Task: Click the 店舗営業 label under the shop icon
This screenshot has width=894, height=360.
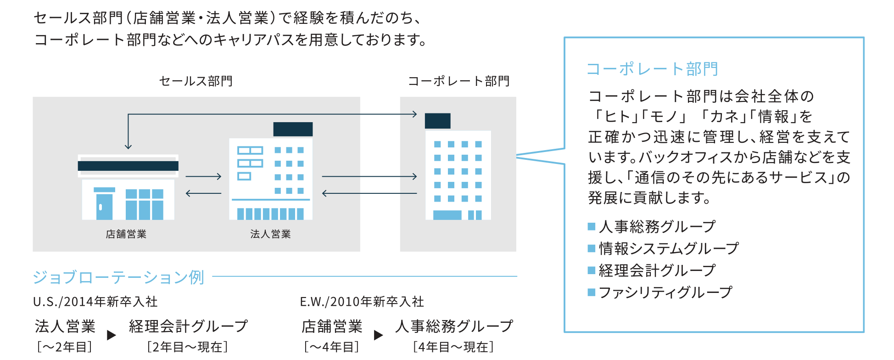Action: (x=126, y=234)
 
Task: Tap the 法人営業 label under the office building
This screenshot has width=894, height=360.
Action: (x=270, y=234)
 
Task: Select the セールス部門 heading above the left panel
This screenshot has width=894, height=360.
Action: (x=196, y=81)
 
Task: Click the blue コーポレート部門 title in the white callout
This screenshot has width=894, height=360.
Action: (x=652, y=69)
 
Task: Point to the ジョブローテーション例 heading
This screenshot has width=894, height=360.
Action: (x=118, y=277)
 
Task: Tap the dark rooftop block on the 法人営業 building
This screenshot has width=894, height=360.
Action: (x=293, y=129)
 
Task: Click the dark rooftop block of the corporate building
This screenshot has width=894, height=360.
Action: (x=437, y=121)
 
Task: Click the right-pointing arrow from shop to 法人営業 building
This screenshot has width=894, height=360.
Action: (x=204, y=176)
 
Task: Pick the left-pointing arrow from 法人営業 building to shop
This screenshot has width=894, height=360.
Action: (x=204, y=193)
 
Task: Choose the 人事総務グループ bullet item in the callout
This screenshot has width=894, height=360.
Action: (x=657, y=226)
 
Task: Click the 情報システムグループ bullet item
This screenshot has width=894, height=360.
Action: (x=668, y=248)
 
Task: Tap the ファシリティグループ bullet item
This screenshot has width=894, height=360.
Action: (x=665, y=292)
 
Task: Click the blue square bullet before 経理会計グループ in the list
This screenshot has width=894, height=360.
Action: (x=592, y=270)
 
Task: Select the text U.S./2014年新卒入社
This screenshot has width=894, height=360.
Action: (x=95, y=302)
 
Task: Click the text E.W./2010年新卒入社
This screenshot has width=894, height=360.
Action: (x=362, y=302)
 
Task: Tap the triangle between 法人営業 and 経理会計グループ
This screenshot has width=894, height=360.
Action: (x=111, y=335)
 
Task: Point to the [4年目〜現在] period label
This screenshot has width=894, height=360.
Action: (x=453, y=347)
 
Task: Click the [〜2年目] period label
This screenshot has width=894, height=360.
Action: (x=65, y=347)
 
